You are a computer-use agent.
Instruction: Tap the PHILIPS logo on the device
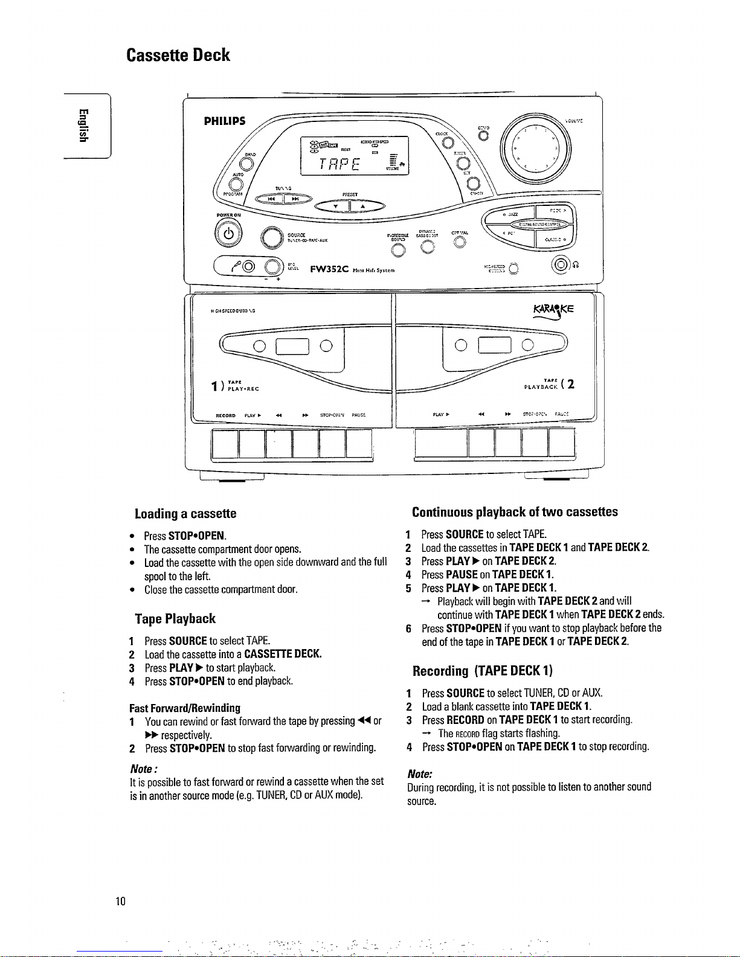point(225,121)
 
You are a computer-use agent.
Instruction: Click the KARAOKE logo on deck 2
point(553,310)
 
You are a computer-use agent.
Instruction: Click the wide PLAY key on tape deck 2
point(441,443)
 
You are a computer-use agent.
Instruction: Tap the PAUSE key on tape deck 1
point(359,443)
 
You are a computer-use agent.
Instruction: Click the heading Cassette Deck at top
point(178,55)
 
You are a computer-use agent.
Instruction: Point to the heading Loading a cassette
point(185,514)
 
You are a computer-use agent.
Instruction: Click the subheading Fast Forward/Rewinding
point(185,708)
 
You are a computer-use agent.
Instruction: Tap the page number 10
point(121,901)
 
